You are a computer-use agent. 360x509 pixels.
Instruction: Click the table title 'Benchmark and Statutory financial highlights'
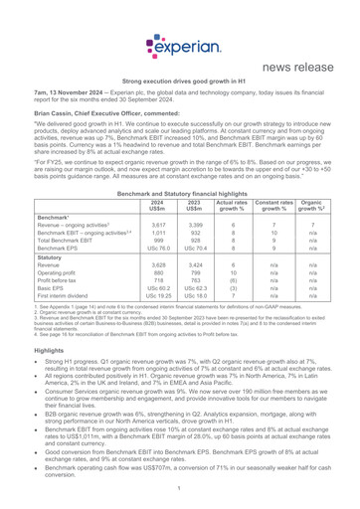(179, 187)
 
